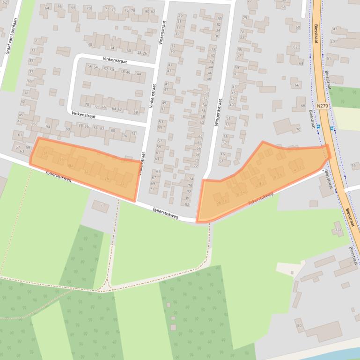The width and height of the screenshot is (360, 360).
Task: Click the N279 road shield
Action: [323, 106]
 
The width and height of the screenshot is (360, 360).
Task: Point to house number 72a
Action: [338, 230]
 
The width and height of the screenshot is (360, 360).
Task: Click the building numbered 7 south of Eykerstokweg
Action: [101, 205]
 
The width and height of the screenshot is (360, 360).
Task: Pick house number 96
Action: [33, 124]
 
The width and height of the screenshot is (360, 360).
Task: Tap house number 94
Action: [48, 127]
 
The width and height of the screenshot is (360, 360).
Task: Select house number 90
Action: [67, 129]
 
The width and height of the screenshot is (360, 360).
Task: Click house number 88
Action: [81, 125]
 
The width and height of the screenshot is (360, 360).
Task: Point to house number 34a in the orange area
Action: [70, 166]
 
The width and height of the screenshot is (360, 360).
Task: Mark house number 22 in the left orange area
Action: [122, 185]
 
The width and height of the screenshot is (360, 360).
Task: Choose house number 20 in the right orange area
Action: [219, 202]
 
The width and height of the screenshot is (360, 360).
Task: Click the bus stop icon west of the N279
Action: [318, 127]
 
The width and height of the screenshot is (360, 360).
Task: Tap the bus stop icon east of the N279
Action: [331, 128]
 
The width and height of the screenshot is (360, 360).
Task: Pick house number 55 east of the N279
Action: [353, 166]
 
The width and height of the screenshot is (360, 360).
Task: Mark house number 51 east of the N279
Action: [329, 58]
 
